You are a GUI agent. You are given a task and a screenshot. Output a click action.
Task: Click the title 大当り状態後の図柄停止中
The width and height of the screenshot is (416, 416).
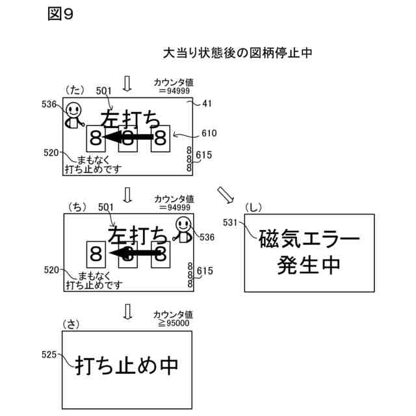coord(237,53)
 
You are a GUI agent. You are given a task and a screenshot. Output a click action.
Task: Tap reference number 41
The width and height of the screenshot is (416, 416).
coord(207,103)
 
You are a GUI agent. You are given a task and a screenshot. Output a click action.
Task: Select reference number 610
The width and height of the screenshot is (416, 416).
coord(209,134)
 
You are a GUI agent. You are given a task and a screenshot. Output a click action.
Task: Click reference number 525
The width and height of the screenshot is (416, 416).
coord(49,355)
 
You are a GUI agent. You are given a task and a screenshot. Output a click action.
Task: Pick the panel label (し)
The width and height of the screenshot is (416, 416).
coord(253,207)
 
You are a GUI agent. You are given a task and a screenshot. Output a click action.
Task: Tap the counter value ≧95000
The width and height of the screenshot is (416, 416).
coord(172,323)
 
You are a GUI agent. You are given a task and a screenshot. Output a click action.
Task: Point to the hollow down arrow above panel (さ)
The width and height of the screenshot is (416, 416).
coord(127,312)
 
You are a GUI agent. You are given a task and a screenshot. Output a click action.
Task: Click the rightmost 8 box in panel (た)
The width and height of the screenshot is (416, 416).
coord(160,138)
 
